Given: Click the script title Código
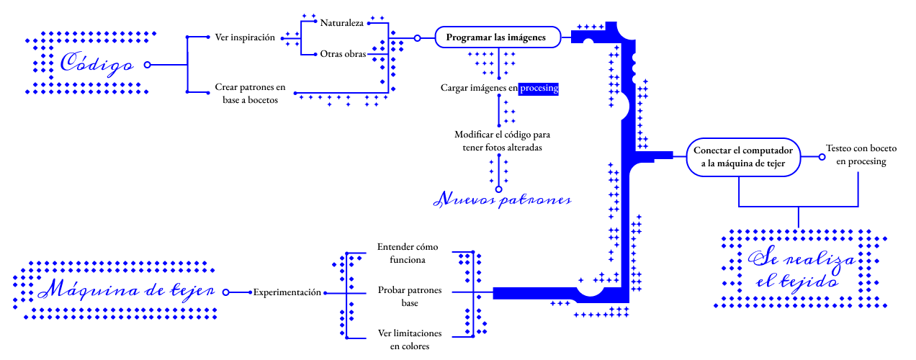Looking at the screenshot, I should click(x=96, y=64).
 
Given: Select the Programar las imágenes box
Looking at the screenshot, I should click(x=496, y=37).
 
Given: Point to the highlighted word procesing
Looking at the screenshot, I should click(x=539, y=88).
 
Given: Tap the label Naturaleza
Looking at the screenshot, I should click(x=342, y=22).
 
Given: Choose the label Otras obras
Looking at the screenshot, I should click(x=343, y=54).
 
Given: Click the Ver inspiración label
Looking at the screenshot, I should click(x=245, y=37).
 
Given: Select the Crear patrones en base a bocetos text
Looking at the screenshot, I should click(x=250, y=94).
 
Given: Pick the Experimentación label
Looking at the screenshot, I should click(x=287, y=292).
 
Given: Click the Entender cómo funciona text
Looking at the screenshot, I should click(x=408, y=253).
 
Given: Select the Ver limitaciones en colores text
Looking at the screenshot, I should click(x=410, y=340).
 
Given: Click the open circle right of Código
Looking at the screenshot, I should click(x=148, y=65).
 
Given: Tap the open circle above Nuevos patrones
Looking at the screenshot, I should click(x=498, y=189).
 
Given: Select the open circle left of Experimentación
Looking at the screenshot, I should click(x=225, y=292).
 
